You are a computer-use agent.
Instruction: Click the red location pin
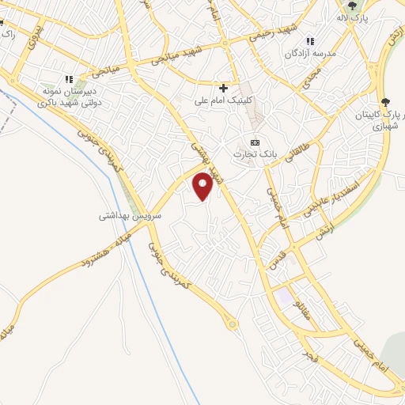203,184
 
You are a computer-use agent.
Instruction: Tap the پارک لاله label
352,17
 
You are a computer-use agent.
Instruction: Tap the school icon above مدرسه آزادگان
310,41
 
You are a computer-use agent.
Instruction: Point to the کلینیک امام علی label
224,100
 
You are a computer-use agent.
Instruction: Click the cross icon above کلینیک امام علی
224,88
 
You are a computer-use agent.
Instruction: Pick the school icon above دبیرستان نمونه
69,79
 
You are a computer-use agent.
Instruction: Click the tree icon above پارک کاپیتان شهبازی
385,101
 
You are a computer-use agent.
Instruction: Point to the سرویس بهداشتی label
131,215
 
